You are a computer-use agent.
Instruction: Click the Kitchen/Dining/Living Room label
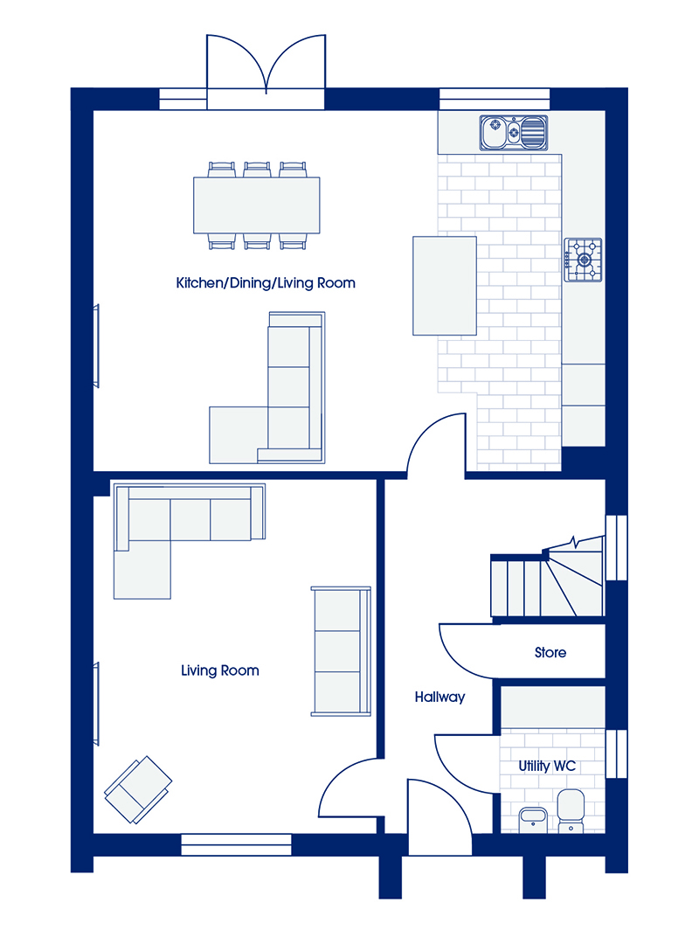point(266,283)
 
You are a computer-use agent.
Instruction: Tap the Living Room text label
point(220,670)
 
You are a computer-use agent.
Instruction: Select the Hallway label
point(439,698)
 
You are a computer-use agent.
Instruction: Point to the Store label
point(550,653)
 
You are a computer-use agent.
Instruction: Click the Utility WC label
point(547,766)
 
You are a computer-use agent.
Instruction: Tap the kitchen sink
point(514,133)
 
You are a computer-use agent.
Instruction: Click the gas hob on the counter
point(583,260)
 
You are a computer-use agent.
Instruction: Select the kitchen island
point(445,286)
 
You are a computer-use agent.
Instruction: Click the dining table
point(257,205)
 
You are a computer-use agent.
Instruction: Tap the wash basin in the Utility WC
point(533,820)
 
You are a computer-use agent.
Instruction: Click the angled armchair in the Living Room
point(138,789)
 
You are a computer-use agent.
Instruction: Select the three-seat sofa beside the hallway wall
point(341,651)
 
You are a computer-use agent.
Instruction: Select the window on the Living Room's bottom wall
point(236,844)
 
